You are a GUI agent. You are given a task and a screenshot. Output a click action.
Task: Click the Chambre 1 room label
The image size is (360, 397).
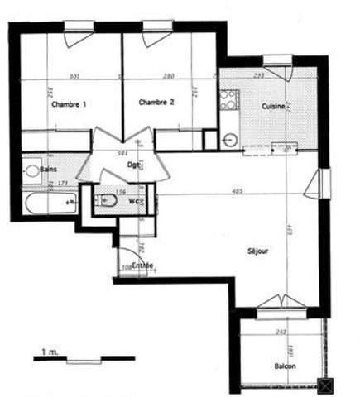pyautogui.click(x=69, y=105)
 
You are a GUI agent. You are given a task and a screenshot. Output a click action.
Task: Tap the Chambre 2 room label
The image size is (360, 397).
pyautogui.click(x=156, y=103)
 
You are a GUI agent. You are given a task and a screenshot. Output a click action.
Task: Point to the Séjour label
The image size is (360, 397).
pyautogui.click(x=257, y=251)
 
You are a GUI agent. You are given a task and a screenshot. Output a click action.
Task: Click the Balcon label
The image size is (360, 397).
pyautogui.click(x=286, y=366)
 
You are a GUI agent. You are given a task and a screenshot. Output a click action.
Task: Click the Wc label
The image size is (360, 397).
pyautogui.click(x=135, y=200)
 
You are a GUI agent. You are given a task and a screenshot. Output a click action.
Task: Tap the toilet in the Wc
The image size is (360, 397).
pyautogui.click(x=106, y=199)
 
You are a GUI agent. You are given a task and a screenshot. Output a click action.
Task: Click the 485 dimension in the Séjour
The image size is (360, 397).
pyautogui.click(x=237, y=192)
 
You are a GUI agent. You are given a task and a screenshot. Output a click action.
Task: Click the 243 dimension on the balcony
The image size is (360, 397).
pyautogui.click(x=281, y=331)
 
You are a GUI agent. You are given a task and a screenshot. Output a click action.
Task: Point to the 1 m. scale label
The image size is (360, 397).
pyautogui.click(x=48, y=352)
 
